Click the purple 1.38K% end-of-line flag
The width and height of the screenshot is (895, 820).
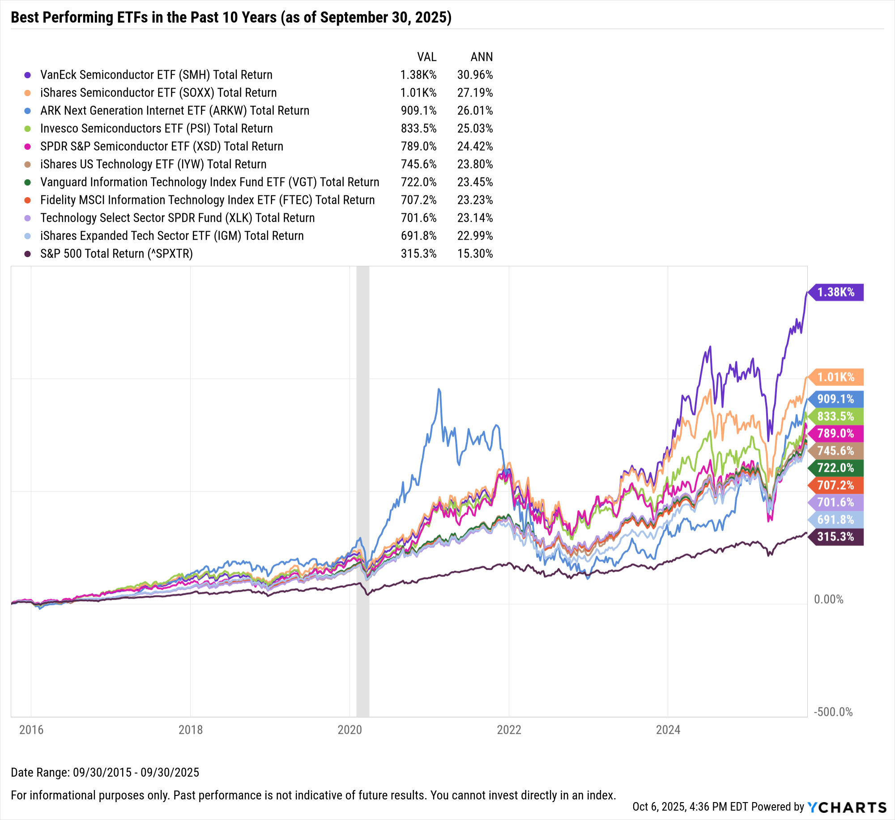click(x=836, y=292)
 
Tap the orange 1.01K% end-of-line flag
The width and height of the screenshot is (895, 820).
click(x=836, y=377)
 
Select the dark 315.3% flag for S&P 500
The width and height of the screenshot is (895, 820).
click(x=836, y=537)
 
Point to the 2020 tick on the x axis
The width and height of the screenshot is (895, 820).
click(x=349, y=730)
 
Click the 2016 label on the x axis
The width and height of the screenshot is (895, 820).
click(x=31, y=730)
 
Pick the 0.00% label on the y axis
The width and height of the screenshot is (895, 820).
click(x=828, y=599)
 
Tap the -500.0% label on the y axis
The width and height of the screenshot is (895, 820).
click(x=833, y=712)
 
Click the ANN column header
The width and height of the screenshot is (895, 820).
click(x=482, y=57)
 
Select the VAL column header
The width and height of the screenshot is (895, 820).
click(x=426, y=57)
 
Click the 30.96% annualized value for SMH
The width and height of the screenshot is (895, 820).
click(x=475, y=75)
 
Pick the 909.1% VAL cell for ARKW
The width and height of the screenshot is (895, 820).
click(x=418, y=110)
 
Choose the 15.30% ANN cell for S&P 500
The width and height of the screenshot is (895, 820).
click(x=475, y=254)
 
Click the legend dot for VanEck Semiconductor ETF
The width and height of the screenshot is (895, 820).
click(x=28, y=75)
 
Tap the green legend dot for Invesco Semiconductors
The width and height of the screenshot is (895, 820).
click(x=28, y=129)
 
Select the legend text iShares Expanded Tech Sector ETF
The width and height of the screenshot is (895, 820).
click(x=172, y=236)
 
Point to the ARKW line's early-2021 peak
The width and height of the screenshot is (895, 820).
click(x=439, y=389)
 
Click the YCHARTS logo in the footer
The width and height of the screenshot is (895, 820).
click(x=847, y=807)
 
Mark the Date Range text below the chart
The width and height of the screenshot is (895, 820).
click(x=105, y=772)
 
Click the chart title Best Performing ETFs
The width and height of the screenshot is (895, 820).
click(x=231, y=17)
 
